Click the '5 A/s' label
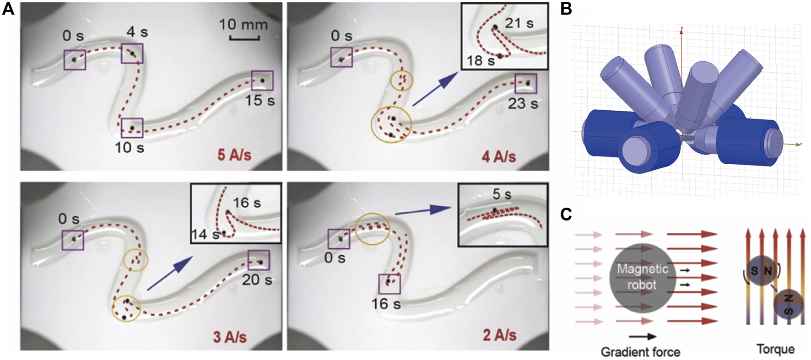[x=234, y=155]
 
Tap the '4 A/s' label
[x=498, y=157]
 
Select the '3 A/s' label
[x=229, y=337]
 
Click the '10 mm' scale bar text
[x=243, y=24]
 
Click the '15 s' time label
[x=260, y=100]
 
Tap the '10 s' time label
[x=130, y=147]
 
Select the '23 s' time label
[x=523, y=104]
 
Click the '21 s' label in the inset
[x=519, y=23]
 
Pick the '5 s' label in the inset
[x=502, y=194]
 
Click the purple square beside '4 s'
[x=132, y=54]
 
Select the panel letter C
[x=566, y=214]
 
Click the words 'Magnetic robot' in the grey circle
[x=642, y=276]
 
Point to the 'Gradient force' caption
[x=640, y=351]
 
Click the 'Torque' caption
[x=775, y=349]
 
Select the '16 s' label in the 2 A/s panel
[x=386, y=303]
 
